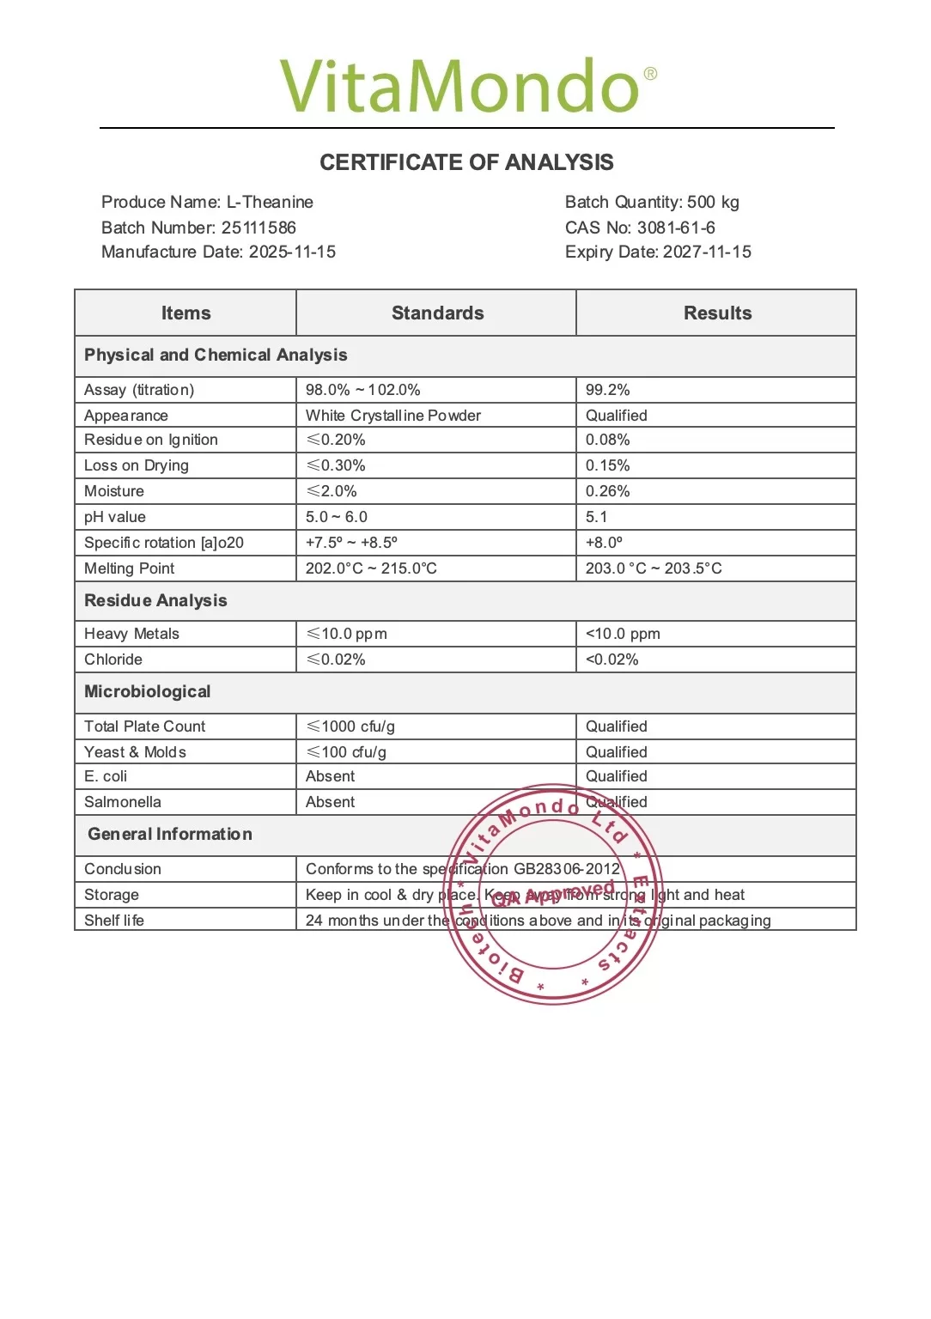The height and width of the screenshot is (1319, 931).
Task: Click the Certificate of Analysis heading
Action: [x=466, y=162]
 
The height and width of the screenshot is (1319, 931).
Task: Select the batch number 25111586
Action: [x=258, y=228]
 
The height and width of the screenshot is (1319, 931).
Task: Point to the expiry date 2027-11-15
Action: [x=706, y=252]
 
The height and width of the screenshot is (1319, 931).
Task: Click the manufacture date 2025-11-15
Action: [x=292, y=252]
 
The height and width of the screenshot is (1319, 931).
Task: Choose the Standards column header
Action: [x=437, y=313]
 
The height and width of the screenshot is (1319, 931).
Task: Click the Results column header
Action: [x=717, y=313]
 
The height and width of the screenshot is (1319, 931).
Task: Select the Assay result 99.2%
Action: [x=608, y=390]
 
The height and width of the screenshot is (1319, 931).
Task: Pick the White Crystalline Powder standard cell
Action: [x=393, y=416]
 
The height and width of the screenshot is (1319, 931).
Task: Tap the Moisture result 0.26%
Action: [x=608, y=491]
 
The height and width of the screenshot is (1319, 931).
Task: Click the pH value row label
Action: [x=115, y=517]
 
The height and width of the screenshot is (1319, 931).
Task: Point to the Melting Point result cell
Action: [x=654, y=568]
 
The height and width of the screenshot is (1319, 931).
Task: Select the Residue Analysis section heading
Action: [x=155, y=600]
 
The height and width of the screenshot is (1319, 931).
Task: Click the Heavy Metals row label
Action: [x=131, y=634]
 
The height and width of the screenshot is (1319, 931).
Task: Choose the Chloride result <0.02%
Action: [x=612, y=659]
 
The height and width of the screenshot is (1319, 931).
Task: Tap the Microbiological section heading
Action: [x=147, y=691]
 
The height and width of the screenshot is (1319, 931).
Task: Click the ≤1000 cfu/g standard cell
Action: [x=350, y=726]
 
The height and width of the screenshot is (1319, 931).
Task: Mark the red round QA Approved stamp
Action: [x=554, y=894]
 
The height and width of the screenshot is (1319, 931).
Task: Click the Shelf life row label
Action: [x=114, y=921]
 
